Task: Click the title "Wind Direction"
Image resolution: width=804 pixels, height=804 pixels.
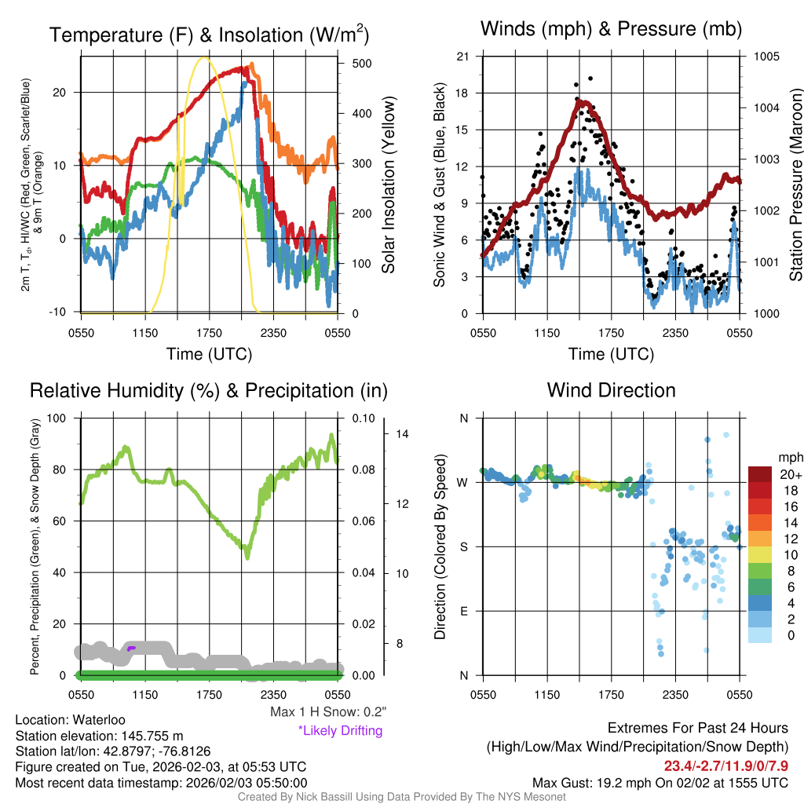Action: coord(611,390)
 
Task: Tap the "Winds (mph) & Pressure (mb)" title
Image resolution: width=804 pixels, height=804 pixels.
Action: coord(611,30)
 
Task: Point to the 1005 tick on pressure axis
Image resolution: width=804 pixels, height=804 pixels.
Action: coord(766,57)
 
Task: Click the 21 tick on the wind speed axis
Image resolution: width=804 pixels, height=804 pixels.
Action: coord(462,57)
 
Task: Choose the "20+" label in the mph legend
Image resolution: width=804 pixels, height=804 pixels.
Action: coord(790,475)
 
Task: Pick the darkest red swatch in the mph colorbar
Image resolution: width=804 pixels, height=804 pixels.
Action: coord(761,475)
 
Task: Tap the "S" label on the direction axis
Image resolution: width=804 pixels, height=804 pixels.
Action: coord(464,546)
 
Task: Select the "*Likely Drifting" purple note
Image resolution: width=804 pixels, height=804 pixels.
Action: coord(340,731)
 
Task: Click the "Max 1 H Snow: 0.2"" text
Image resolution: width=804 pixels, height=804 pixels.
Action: coord(328,712)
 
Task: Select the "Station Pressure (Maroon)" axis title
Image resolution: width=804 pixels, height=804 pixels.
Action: coord(795,185)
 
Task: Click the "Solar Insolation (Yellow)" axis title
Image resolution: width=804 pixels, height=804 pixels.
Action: coord(388,185)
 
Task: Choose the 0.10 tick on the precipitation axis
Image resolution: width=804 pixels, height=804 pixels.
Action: coord(364,418)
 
